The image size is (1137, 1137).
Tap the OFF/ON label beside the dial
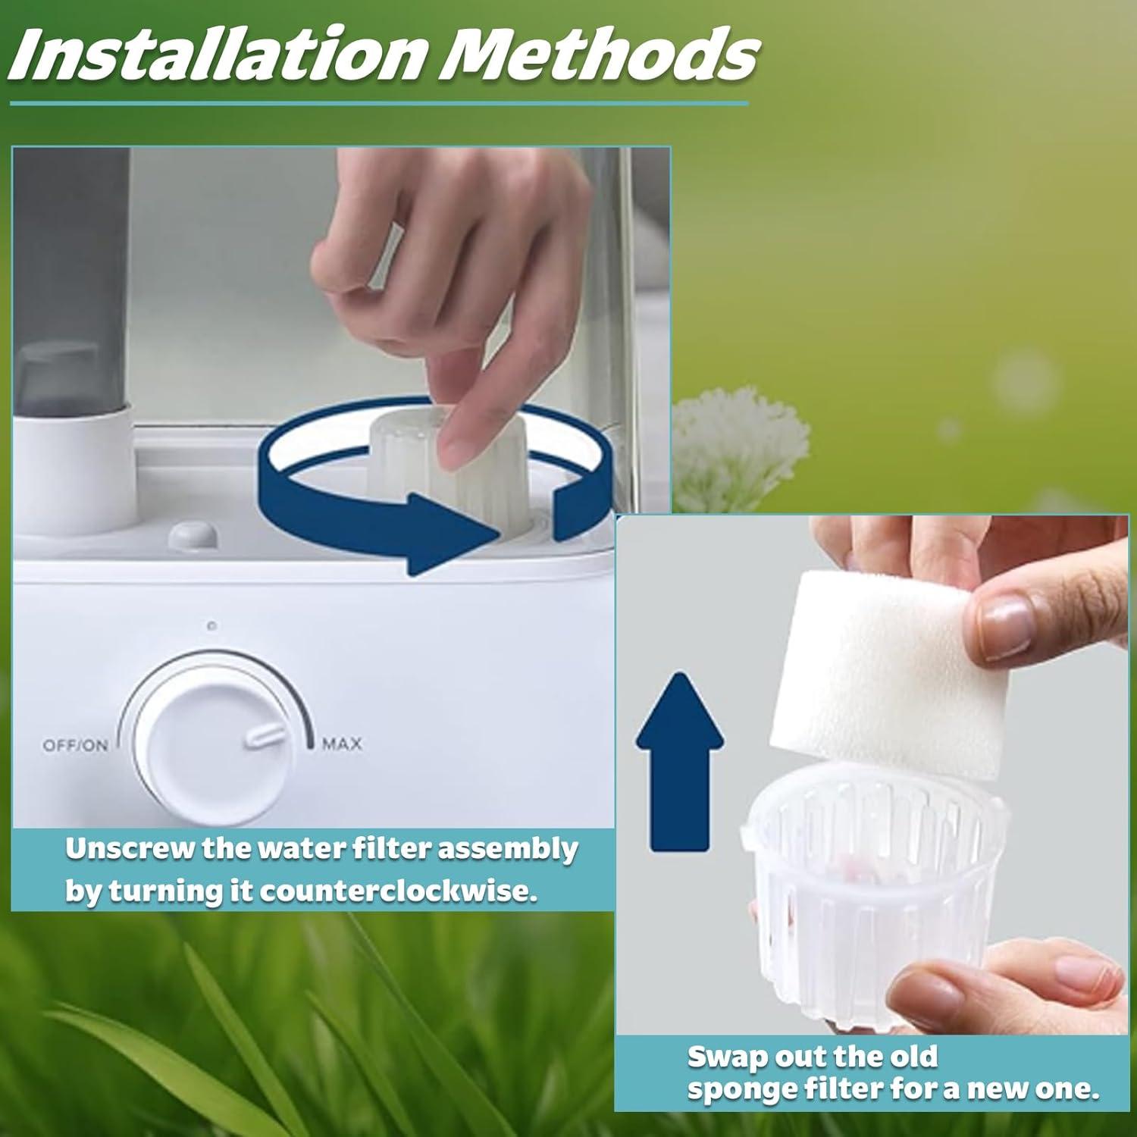click(75, 745)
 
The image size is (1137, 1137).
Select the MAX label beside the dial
click(342, 744)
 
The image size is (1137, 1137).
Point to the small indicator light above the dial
click(211, 626)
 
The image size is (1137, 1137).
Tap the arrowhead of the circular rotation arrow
click(455, 533)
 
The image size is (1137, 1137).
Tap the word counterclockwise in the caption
click(399, 891)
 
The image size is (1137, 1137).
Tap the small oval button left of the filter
click(193, 535)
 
